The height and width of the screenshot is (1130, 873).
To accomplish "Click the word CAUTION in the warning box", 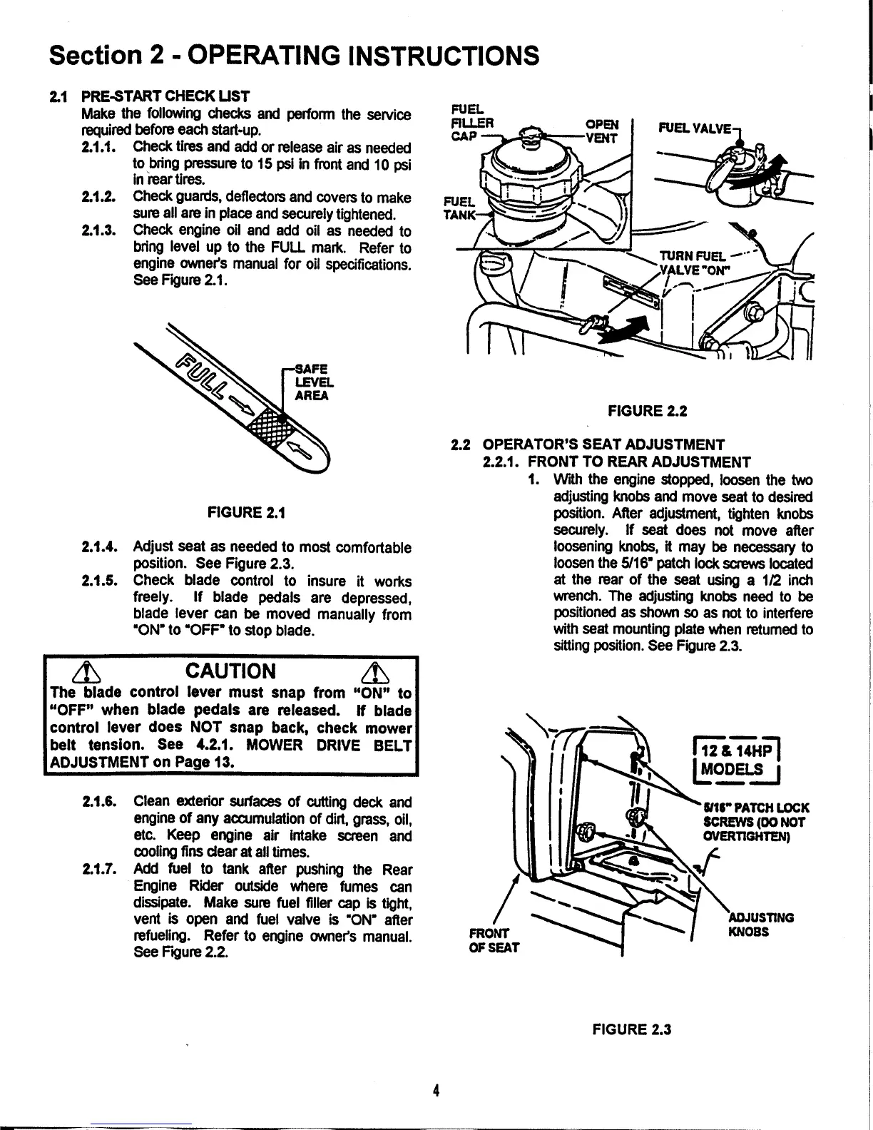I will (x=229, y=671).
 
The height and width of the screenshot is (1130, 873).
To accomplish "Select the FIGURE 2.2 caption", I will (x=646, y=410).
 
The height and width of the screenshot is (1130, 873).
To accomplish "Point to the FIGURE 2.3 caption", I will (x=632, y=1029).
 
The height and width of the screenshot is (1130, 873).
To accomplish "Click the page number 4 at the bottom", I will (x=436, y=1090).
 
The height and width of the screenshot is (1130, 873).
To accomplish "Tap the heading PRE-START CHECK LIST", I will (x=166, y=96).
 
